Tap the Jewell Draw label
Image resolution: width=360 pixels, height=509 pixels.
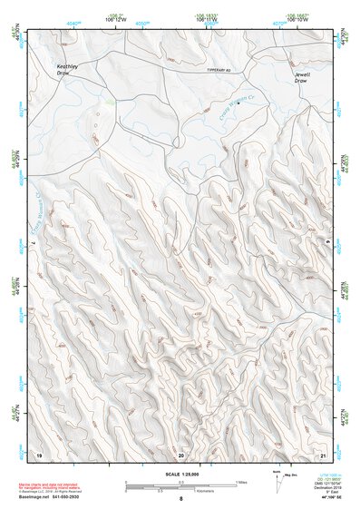(x=302, y=77)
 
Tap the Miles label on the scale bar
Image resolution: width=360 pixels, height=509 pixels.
(x=240, y=481)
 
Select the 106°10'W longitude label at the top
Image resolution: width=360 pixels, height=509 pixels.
(x=296, y=17)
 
